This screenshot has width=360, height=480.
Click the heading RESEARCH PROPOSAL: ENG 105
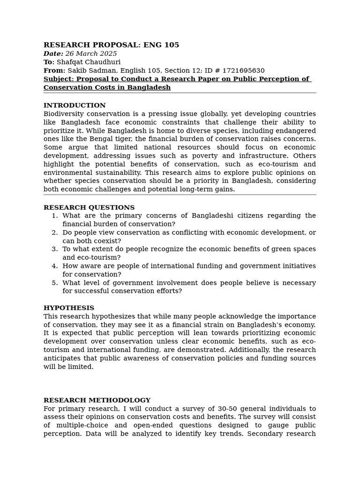111,45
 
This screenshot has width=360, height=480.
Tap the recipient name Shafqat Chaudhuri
88,62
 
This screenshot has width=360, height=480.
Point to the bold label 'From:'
54,71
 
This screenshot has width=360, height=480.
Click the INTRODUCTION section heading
75,105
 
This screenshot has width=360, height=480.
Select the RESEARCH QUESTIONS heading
89,208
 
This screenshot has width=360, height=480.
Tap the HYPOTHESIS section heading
69,308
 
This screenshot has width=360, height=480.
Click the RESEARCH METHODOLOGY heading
97,400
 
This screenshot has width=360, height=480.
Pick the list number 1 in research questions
54,216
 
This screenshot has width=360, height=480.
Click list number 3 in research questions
54,249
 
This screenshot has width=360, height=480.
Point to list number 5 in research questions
54,283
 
